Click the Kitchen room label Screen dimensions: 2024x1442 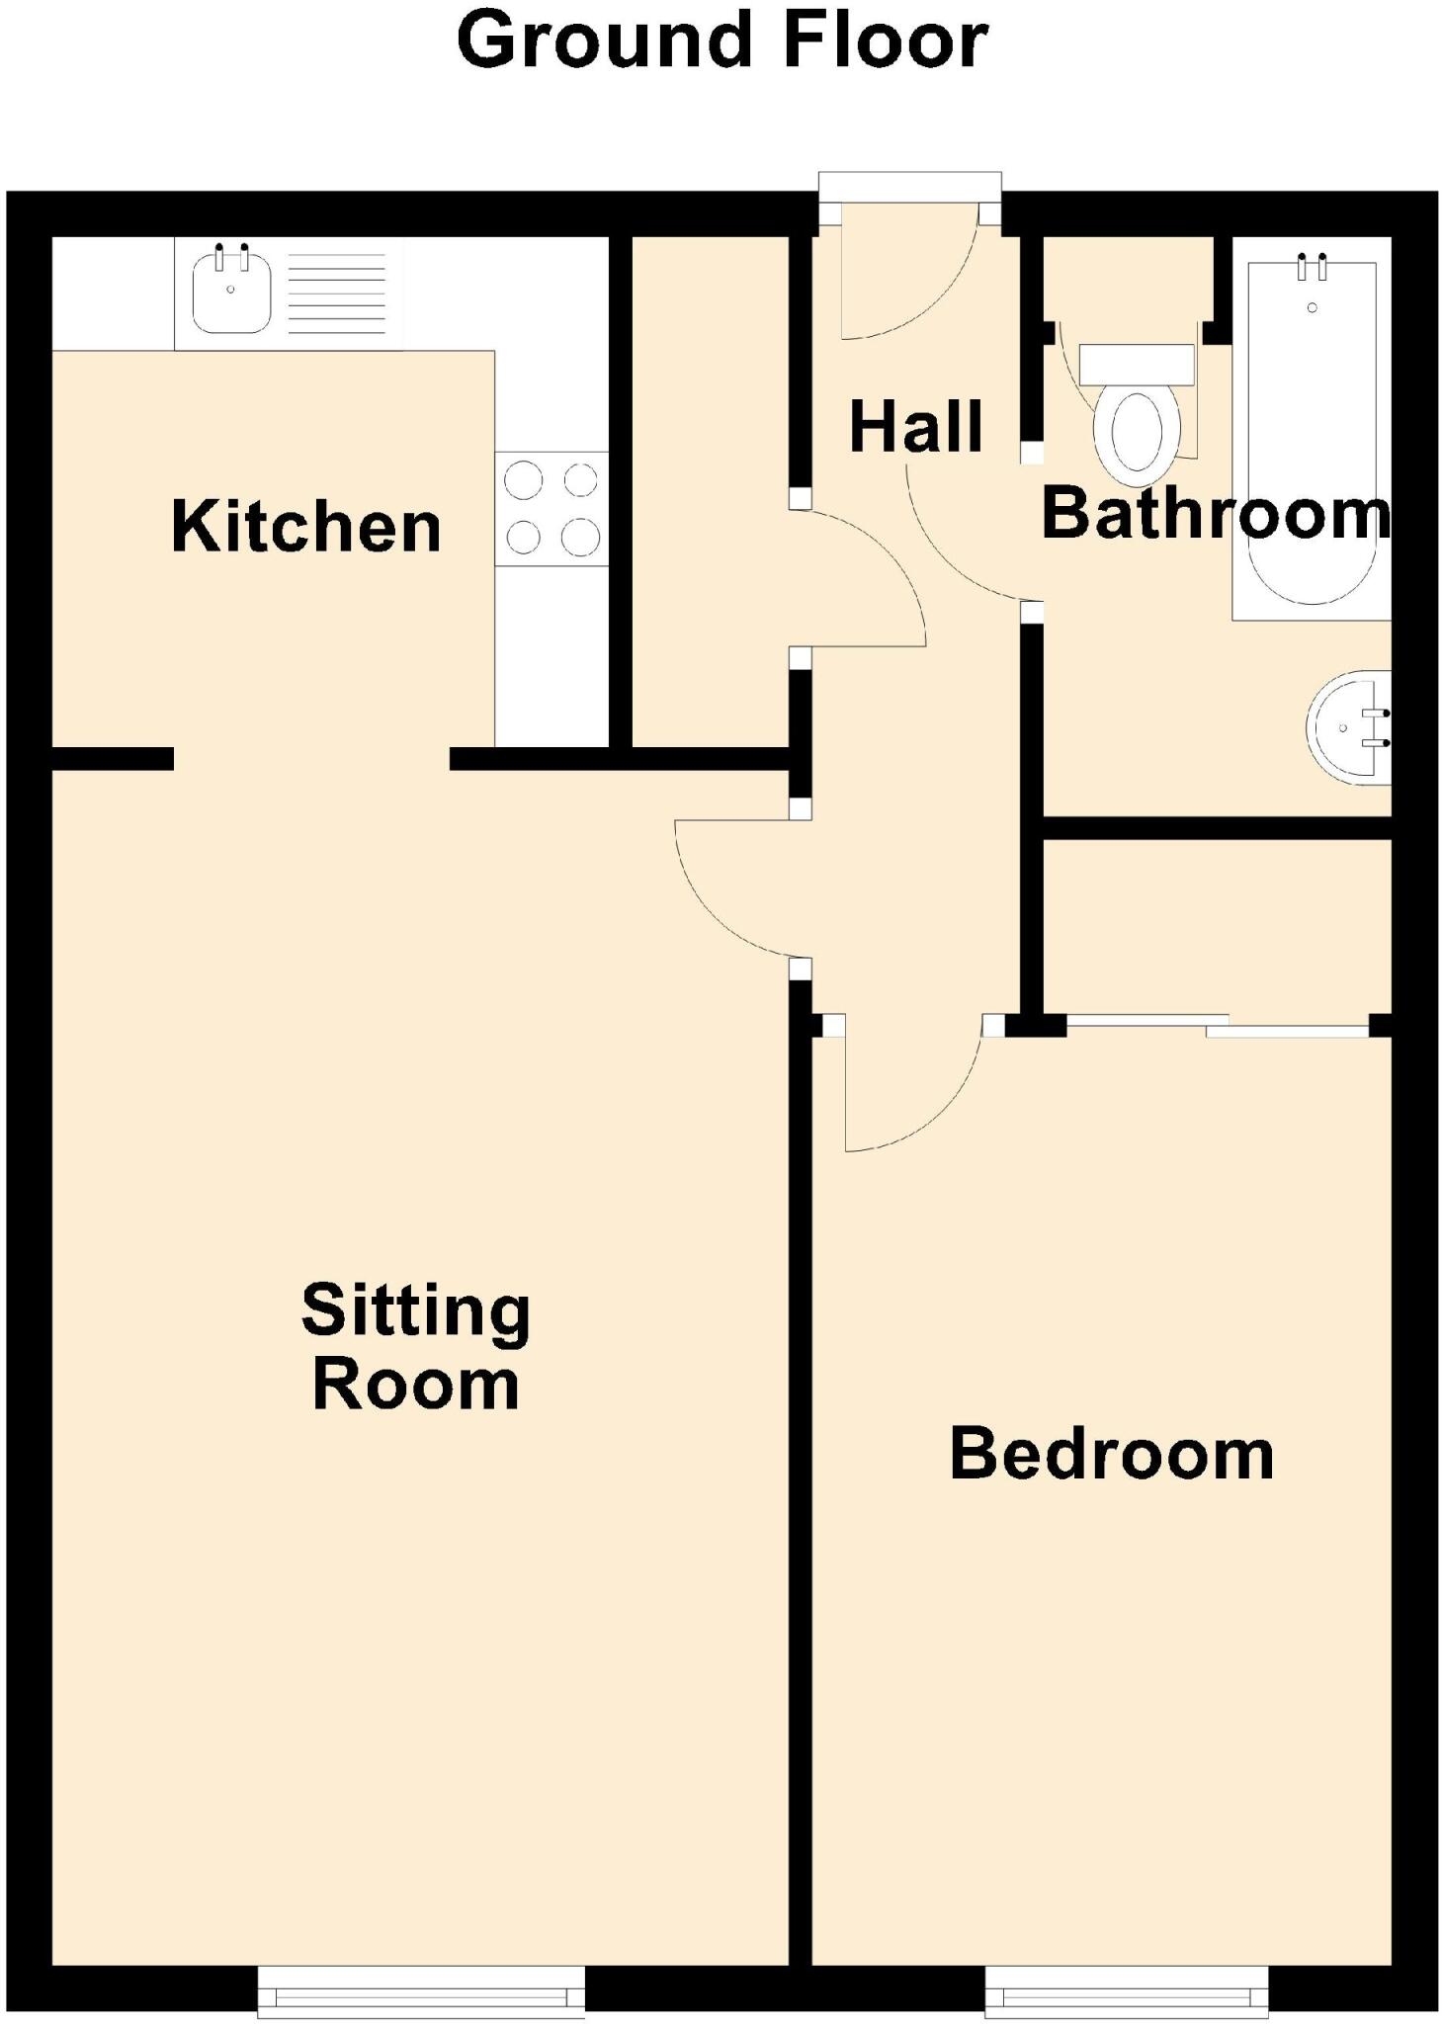point(305,527)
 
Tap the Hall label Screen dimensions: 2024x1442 point(915,427)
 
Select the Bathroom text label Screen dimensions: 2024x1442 point(1215,514)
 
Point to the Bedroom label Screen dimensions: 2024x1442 point(1111,1455)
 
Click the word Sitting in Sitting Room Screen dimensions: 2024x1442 point(415,1311)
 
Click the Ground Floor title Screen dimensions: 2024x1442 point(721,42)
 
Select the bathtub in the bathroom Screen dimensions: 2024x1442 point(1312,435)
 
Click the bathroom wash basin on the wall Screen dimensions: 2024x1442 point(1349,727)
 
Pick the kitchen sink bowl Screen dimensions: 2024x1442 point(231,294)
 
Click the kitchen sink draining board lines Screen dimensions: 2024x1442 point(336,294)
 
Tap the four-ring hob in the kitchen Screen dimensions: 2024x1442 point(551,509)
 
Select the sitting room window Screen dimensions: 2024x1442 point(421,1988)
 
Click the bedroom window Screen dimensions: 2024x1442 point(1127,1988)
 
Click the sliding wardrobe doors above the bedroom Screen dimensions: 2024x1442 point(1218,1025)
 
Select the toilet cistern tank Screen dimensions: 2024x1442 point(1137,365)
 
